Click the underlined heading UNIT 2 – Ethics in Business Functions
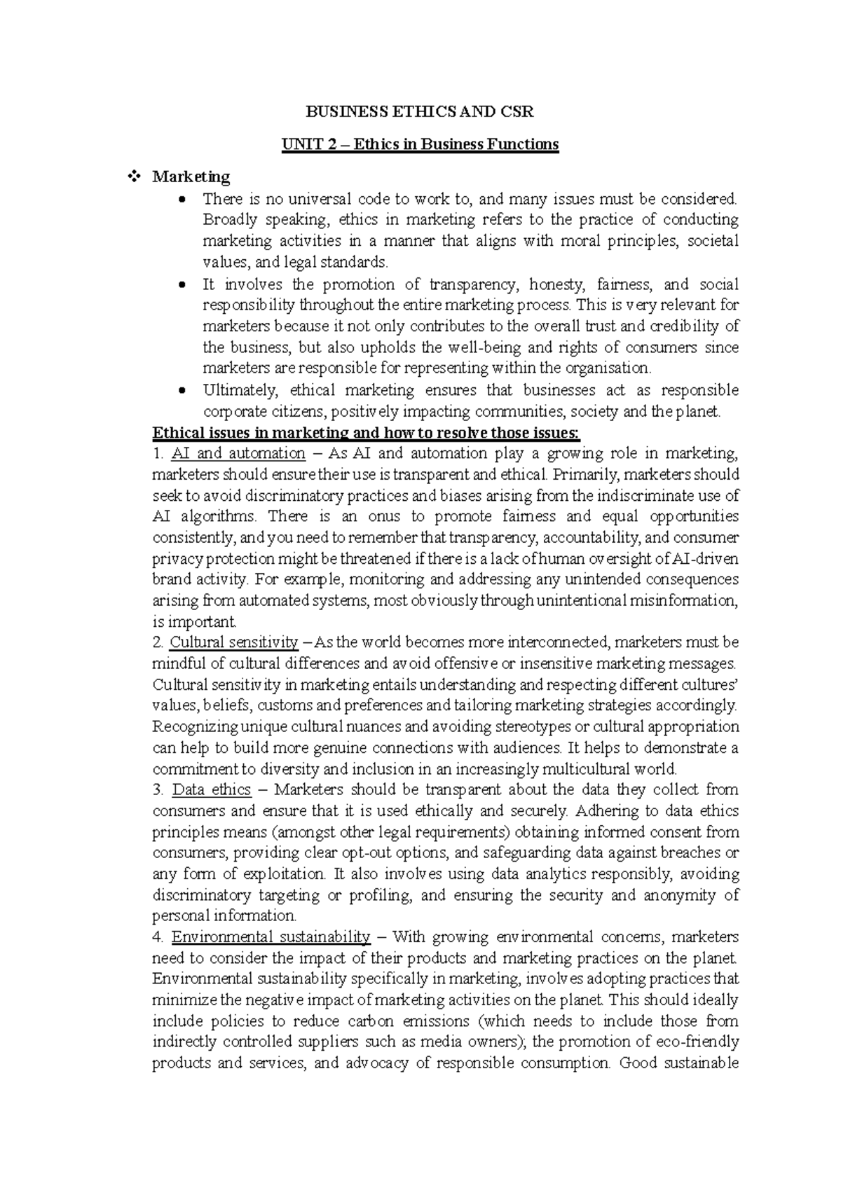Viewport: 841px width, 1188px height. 420,144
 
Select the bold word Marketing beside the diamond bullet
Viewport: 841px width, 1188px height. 191,177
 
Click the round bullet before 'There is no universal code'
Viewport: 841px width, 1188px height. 183,200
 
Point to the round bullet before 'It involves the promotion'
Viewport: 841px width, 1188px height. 183,285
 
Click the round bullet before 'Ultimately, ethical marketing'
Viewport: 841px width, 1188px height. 183,391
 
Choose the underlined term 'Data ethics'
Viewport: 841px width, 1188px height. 212,790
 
